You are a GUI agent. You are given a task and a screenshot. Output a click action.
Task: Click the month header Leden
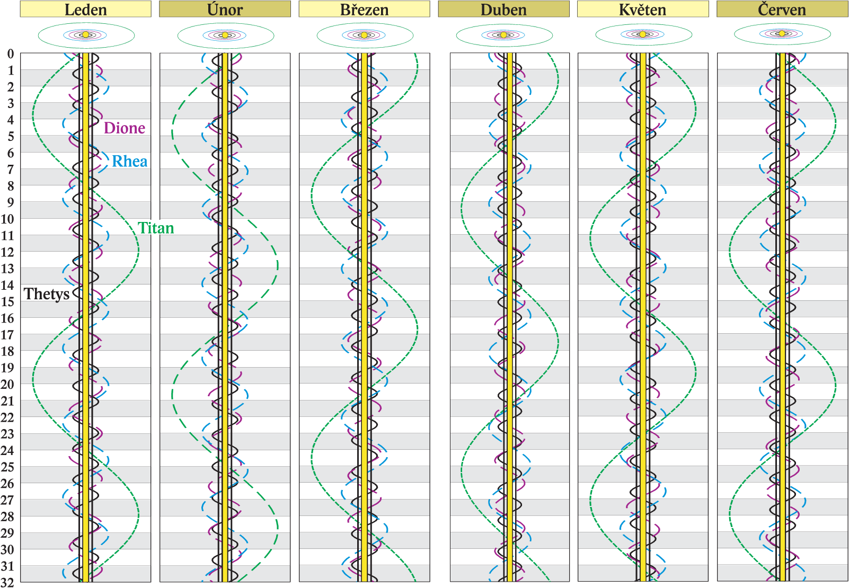(x=85, y=9)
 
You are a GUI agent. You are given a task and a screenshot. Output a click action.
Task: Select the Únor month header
(x=225, y=9)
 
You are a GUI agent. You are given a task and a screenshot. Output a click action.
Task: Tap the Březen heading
(x=364, y=9)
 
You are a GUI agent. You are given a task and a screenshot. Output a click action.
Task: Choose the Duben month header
(x=503, y=9)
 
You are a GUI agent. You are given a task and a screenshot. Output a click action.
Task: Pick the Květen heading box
(x=642, y=9)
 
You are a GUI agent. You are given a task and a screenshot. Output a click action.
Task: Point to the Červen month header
(x=782, y=9)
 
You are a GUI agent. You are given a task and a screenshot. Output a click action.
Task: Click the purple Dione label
(x=124, y=128)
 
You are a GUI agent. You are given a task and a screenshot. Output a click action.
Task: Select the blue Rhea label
(x=129, y=162)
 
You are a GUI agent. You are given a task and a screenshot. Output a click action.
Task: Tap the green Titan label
(x=156, y=228)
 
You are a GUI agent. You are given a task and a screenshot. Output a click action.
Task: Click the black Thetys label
(x=46, y=294)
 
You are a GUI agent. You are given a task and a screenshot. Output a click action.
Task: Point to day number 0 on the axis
(x=10, y=54)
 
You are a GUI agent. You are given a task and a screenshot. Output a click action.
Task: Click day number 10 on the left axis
(x=7, y=219)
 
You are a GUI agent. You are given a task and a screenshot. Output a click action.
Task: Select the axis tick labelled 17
(x=7, y=335)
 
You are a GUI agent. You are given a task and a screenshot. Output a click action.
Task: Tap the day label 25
(x=7, y=467)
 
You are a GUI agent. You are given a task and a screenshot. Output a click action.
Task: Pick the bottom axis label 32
(x=7, y=582)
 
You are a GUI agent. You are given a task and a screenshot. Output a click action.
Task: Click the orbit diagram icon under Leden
(x=86, y=35)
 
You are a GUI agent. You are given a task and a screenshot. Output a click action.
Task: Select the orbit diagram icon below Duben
(x=504, y=35)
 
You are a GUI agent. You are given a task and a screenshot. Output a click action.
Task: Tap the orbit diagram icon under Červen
(x=782, y=34)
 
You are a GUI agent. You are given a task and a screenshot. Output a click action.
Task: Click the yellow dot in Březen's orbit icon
(x=364, y=35)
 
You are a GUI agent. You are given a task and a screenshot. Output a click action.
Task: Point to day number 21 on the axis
(x=7, y=401)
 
